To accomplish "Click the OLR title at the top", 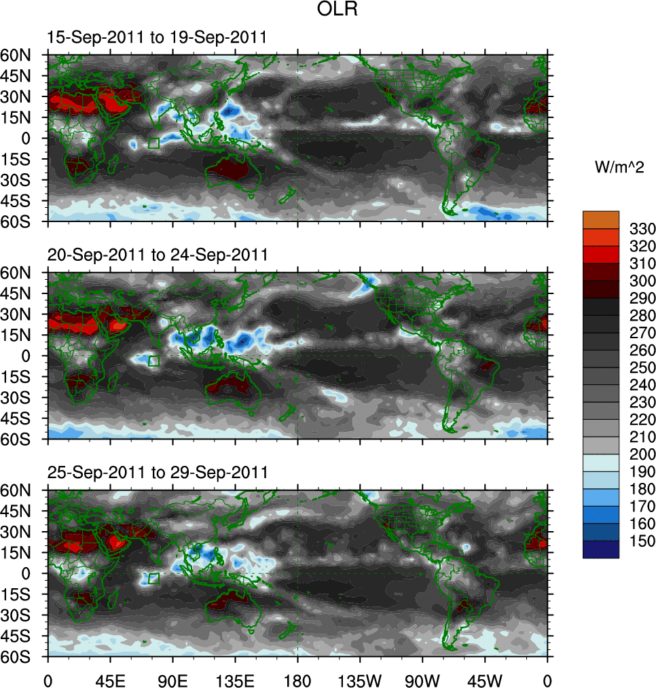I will click(338, 10).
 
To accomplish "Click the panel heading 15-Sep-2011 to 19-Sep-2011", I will click(157, 38).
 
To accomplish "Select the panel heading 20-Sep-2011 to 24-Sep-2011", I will click(157, 255).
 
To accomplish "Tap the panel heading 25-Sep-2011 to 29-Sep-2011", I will click(157, 472).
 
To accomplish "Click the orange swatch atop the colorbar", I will click(601, 219).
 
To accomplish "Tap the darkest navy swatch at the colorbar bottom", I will click(601, 549).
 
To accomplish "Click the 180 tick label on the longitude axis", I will click(297, 678).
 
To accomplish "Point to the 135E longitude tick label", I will click(235, 678).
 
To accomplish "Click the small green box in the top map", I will click(153, 143).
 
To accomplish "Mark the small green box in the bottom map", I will click(153, 579).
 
